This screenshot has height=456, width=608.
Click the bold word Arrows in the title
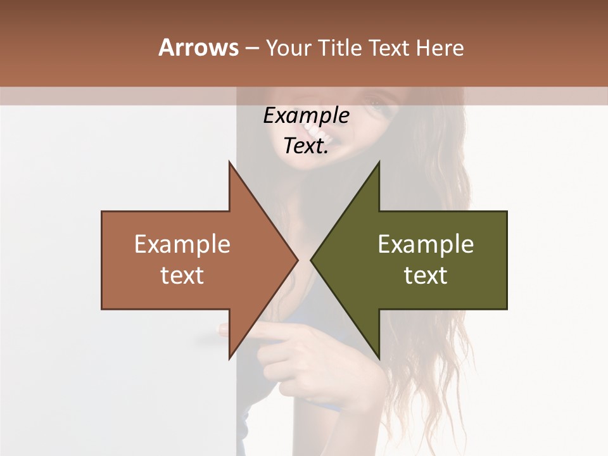pyautogui.click(x=198, y=47)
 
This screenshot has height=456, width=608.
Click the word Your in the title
pyautogui.click(x=288, y=48)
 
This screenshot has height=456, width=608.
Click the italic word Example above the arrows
pyautogui.click(x=306, y=116)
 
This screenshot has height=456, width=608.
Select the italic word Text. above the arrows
pyautogui.click(x=306, y=146)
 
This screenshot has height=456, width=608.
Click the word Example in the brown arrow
pyautogui.click(x=182, y=244)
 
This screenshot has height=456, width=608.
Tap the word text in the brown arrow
pyautogui.click(x=182, y=275)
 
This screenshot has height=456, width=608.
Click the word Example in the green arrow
pyautogui.click(x=426, y=244)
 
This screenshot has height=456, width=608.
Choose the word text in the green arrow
pyautogui.click(x=426, y=275)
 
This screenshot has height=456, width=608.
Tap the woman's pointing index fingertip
pyautogui.click(x=224, y=329)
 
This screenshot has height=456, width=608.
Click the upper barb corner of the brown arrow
pyautogui.click(x=229, y=163)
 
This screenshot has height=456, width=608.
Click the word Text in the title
pyautogui.click(x=388, y=48)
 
